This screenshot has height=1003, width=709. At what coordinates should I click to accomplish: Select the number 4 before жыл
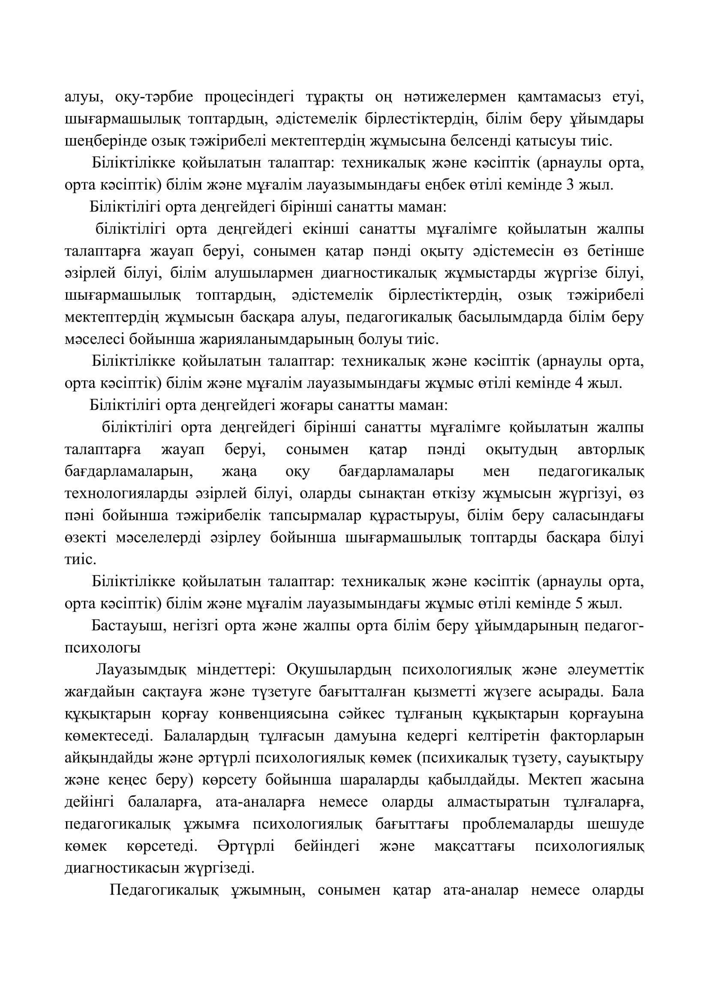[580, 383]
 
